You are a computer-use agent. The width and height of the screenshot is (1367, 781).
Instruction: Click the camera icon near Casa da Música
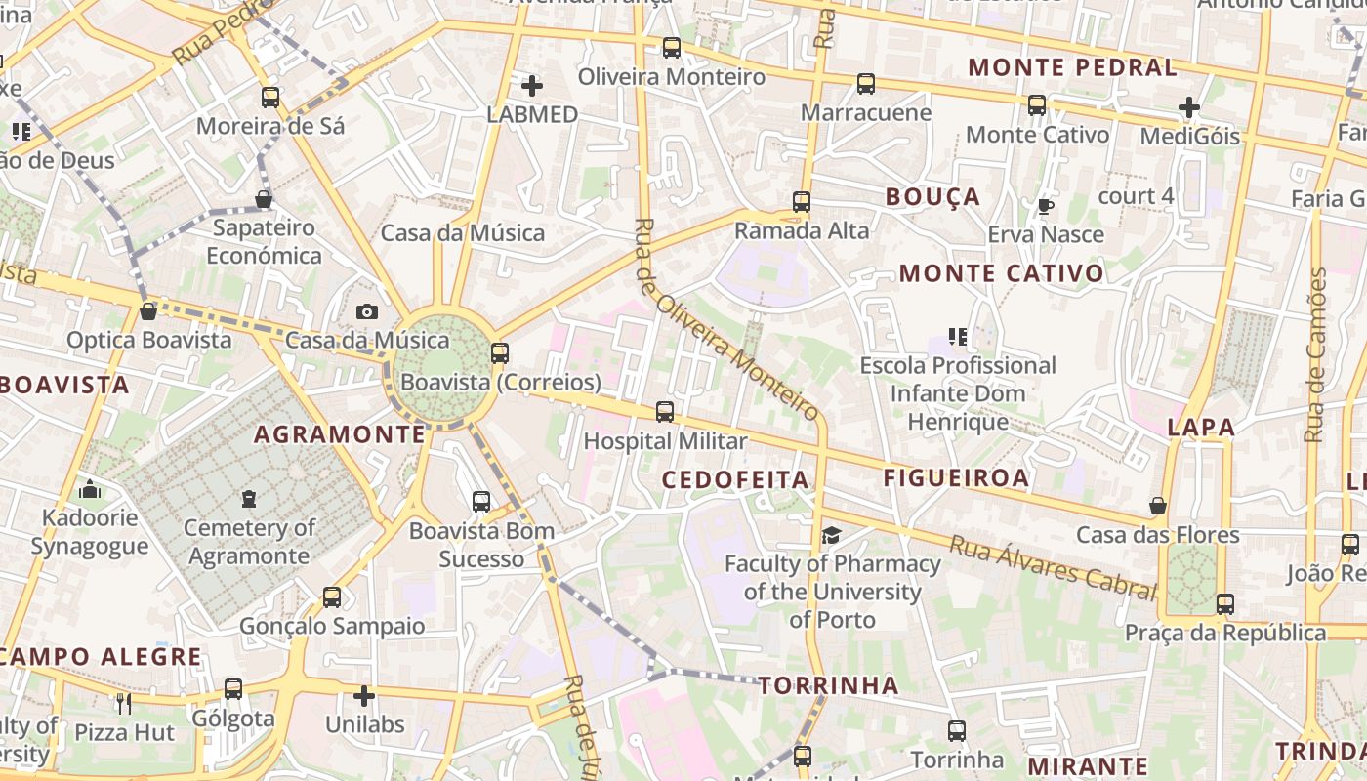(x=367, y=311)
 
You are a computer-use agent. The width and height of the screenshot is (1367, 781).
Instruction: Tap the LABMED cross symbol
(x=532, y=86)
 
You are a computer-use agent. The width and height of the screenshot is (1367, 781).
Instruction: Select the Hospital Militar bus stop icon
(x=665, y=412)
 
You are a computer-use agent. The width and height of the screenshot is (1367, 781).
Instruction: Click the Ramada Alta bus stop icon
(x=802, y=202)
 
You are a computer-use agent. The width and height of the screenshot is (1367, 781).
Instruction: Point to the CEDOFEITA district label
(x=735, y=479)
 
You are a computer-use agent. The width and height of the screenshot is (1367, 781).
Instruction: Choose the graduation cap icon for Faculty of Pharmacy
(x=831, y=535)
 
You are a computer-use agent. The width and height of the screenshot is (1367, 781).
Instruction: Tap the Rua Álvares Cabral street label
(x=1052, y=567)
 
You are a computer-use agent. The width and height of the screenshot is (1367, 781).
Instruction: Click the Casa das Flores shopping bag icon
(x=1158, y=506)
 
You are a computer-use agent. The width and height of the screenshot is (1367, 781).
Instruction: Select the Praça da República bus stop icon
(x=1225, y=604)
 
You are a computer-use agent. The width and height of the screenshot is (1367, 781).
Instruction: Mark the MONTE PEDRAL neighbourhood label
(x=1072, y=67)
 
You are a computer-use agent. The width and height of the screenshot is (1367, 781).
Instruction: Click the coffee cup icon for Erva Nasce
(x=1045, y=206)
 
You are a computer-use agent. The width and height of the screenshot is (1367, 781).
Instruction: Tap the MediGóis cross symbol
(x=1189, y=107)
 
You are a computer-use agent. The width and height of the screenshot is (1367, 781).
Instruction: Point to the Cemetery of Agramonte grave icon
(x=249, y=499)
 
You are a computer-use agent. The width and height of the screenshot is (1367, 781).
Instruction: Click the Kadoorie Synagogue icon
(x=90, y=489)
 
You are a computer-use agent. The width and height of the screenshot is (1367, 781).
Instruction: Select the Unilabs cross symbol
(x=364, y=696)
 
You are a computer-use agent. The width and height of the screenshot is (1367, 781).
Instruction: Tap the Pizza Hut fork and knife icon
(x=123, y=703)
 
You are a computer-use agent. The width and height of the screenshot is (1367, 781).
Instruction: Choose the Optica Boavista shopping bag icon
(x=148, y=311)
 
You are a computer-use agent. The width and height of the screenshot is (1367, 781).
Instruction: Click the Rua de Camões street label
(x=1316, y=354)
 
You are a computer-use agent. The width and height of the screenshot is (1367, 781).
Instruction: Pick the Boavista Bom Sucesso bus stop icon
(x=481, y=502)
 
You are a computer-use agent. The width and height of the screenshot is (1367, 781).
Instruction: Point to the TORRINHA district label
(x=828, y=685)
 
